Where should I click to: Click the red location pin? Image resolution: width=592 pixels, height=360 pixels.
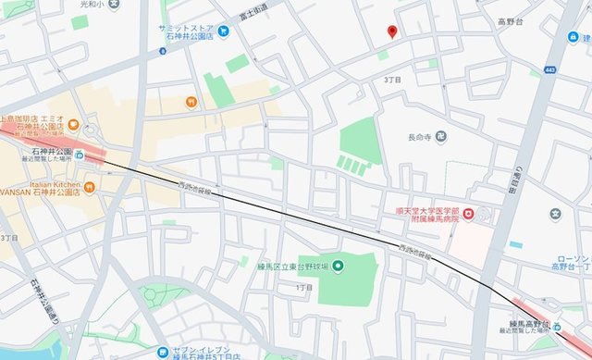point(392,31)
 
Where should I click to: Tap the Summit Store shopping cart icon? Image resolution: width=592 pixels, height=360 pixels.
point(223,31)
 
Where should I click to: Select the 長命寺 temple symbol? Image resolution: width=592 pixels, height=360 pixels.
point(440,138)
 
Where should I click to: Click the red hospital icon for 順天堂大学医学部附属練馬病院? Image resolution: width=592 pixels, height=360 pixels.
point(468,215)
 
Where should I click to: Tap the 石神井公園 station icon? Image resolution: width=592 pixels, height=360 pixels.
point(80,155)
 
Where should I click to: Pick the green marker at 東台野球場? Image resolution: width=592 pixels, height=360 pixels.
point(338,267)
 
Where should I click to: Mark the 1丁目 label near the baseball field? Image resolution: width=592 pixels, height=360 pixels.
point(304,288)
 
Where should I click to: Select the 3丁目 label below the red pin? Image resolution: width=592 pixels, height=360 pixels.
point(392,81)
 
